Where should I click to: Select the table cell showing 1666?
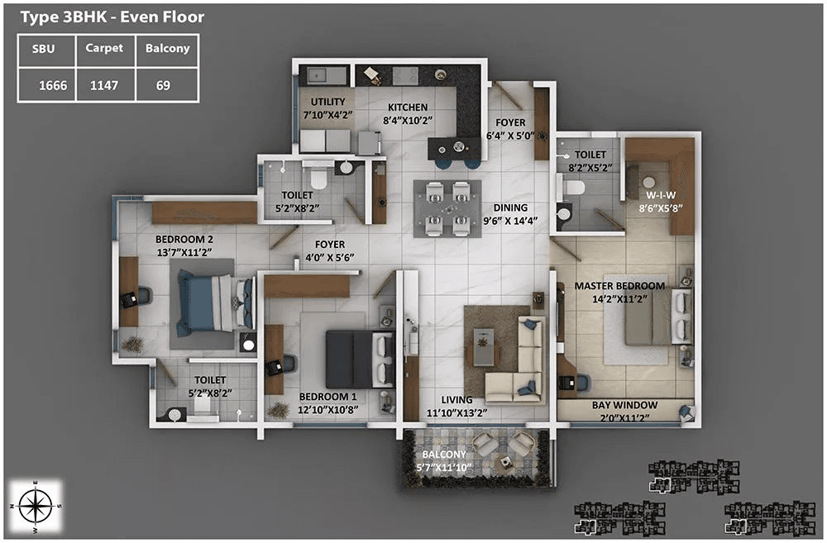click(x=46, y=84)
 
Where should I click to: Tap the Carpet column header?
click(x=104, y=49)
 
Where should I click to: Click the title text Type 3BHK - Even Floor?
click(x=112, y=17)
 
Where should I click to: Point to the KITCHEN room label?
click(x=408, y=107)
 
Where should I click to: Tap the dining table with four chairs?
click(x=447, y=208)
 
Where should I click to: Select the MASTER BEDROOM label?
click(x=619, y=286)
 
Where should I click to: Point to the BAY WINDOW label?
click(x=624, y=405)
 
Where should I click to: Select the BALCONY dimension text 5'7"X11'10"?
click(x=444, y=469)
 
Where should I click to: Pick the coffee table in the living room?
click(x=482, y=345)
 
